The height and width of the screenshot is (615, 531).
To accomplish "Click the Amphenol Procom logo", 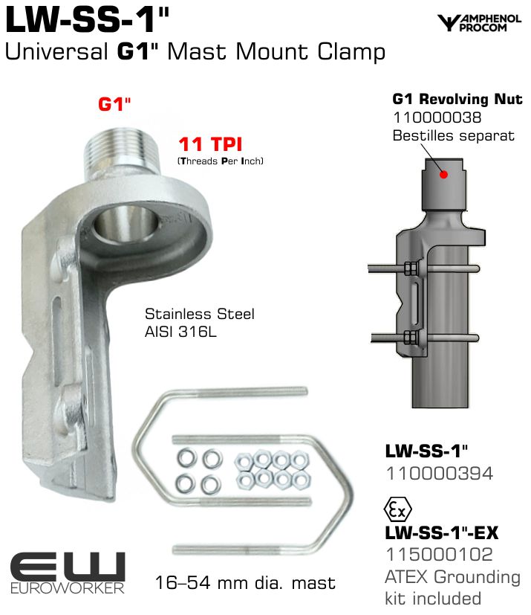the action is pyautogui.click(x=479, y=23).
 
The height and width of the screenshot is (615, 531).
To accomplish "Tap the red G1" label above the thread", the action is pyautogui.click(x=114, y=104).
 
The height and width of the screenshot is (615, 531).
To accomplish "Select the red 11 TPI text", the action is pyautogui.click(x=211, y=144).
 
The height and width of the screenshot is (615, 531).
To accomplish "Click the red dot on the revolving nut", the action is pyautogui.click(x=443, y=175).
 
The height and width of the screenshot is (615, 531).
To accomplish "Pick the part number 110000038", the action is pyautogui.click(x=437, y=117).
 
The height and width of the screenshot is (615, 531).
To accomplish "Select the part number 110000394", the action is pyautogui.click(x=440, y=474).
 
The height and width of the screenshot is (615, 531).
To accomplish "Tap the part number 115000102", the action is pyautogui.click(x=440, y=555).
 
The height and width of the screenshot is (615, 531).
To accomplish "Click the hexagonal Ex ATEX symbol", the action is pyautogui.click(x=397, y=510).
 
